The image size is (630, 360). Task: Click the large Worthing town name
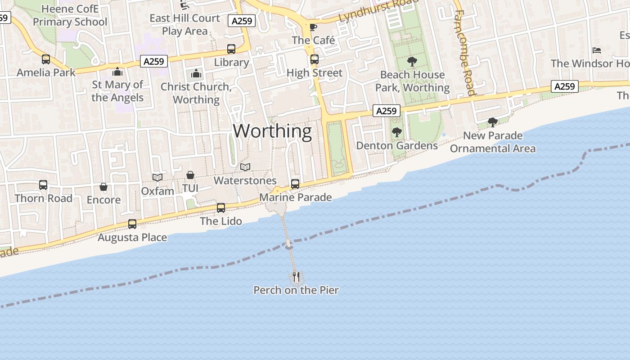(x=272, y=131)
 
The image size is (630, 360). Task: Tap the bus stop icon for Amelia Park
(x=45, y=59)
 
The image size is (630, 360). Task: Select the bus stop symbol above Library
(x=231, y=49)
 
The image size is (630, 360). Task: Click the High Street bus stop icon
(x=315, y=59)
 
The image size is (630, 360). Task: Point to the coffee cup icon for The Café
(x=313, y=27)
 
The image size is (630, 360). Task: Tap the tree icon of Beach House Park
(x=412, y=62)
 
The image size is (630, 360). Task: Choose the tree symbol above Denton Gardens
(x=396, y=132)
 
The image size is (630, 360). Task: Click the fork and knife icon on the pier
(x=296, y=276)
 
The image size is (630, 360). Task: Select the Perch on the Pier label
(x=296, y=290)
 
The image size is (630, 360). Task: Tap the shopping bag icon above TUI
(x=190, y=175)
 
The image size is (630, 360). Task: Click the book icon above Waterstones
(x=245, y=167)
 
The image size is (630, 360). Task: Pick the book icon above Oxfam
(x=157, y=178)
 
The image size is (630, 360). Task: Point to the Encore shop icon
(x=103, y=187)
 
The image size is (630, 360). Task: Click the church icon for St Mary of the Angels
(x=117, y=72)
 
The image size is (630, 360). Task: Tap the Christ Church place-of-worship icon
(x=196, y=73)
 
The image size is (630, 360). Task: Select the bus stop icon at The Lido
(x=221, y=208)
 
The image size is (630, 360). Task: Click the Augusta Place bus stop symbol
(x=132, y=224)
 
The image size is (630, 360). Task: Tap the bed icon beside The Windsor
(x=597, y=50)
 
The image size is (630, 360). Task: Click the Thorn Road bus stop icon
(x=43, y=185)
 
